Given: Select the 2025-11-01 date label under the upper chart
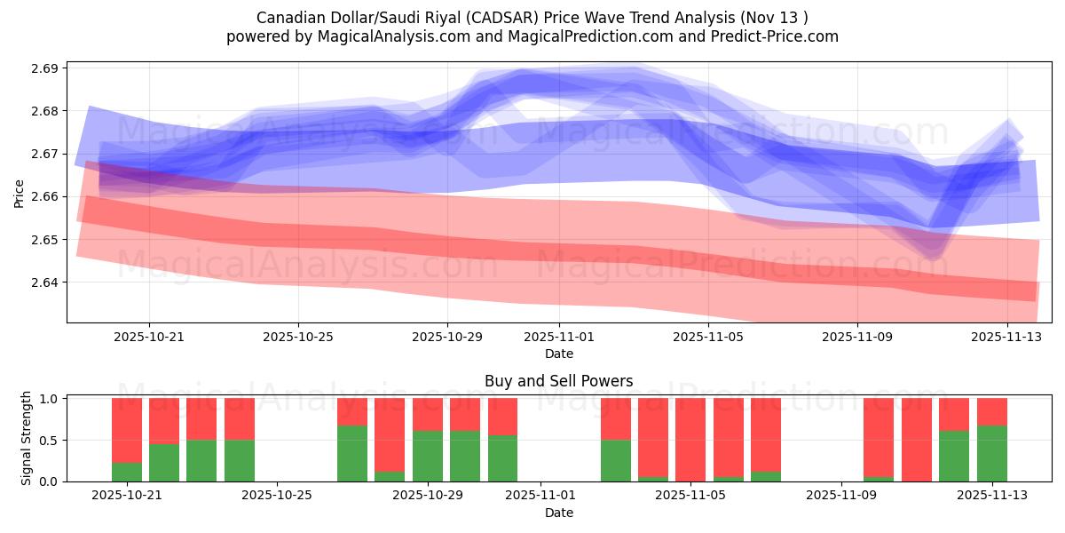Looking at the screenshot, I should pos(559,338).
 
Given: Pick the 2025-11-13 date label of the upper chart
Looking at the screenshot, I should pos(1006,338).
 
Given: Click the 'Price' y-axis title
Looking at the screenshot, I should pos(20,192).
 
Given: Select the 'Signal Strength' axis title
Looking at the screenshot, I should pos(27,438).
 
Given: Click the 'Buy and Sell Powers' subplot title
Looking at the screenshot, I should pos(558,381).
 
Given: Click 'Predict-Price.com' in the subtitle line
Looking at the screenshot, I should pos(771,36).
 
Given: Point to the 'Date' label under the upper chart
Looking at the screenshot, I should pos(558,354).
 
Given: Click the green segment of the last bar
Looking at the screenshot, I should pos(991,454).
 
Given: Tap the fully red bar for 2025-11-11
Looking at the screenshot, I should pos(917,440).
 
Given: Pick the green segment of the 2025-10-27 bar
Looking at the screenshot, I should pos(352,454).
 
